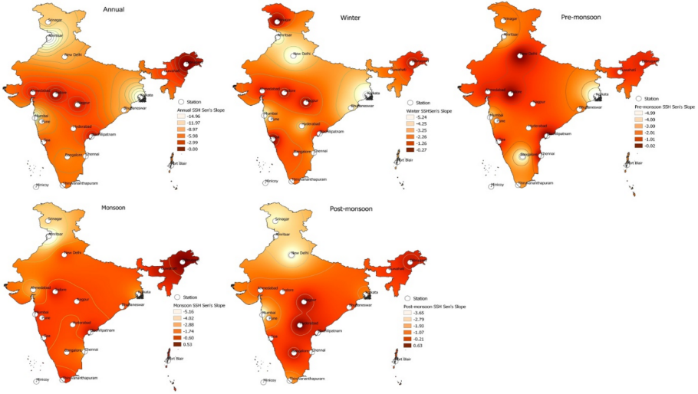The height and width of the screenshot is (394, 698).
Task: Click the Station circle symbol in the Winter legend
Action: (410, 102)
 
